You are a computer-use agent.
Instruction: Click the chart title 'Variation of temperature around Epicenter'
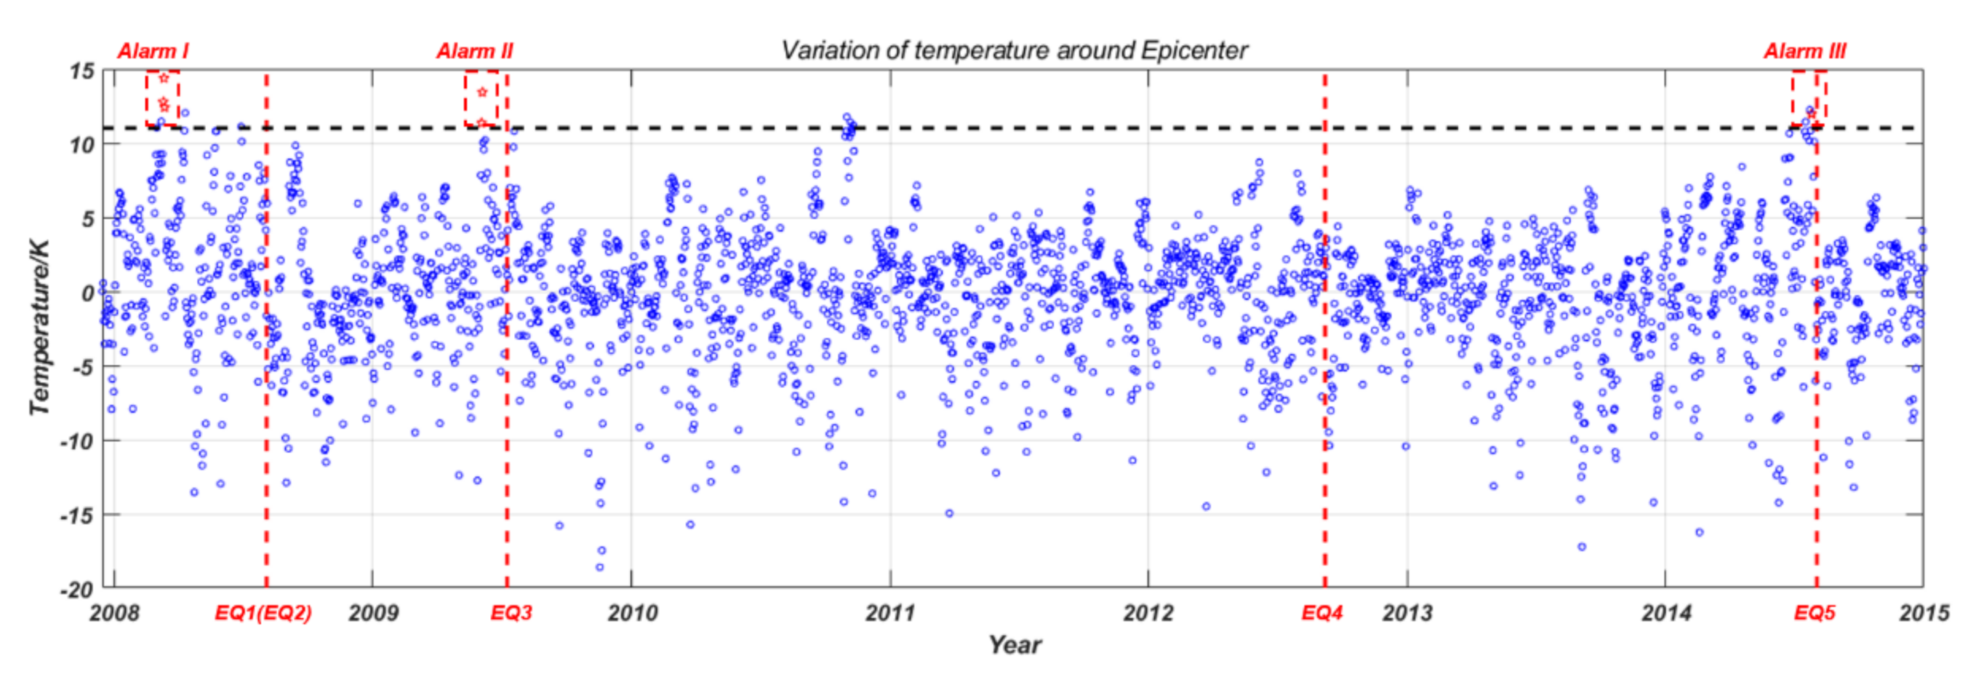click(x=1014, y=51)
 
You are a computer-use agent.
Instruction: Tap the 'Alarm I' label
click(x=153, y=52)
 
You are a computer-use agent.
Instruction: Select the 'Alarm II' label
click(x=475, y=52)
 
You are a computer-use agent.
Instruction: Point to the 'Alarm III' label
click(x=1804, y=52)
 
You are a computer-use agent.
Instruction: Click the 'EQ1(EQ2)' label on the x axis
click(x=263, y=613)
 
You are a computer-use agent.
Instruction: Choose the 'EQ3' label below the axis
click(x=511, y=613)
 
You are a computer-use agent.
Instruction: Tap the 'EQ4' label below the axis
click(x=1321, y=613)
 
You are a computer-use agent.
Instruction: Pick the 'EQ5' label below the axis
click(x=1814, y=613)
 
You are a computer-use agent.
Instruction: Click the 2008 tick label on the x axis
click(x=114, y=613)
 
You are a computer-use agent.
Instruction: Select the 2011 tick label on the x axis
click(x=889, y=613)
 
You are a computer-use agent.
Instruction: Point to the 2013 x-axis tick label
click(x=1407, y=613)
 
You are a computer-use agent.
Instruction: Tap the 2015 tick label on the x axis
click(x=1924, y=613)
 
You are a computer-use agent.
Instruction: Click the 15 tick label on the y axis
click(x=81, y=72)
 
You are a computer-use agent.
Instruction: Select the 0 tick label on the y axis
click(x=87, y=293)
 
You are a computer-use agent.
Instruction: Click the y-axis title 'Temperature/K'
click(x=40, y=328)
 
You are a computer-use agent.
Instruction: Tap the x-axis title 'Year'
click(x=1014, y=645)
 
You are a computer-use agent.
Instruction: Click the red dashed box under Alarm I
click(x=163, y=99)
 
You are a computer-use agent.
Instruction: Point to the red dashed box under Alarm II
click(x=481, y=99)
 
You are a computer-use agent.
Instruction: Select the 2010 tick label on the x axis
click(x=632, y=613)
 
